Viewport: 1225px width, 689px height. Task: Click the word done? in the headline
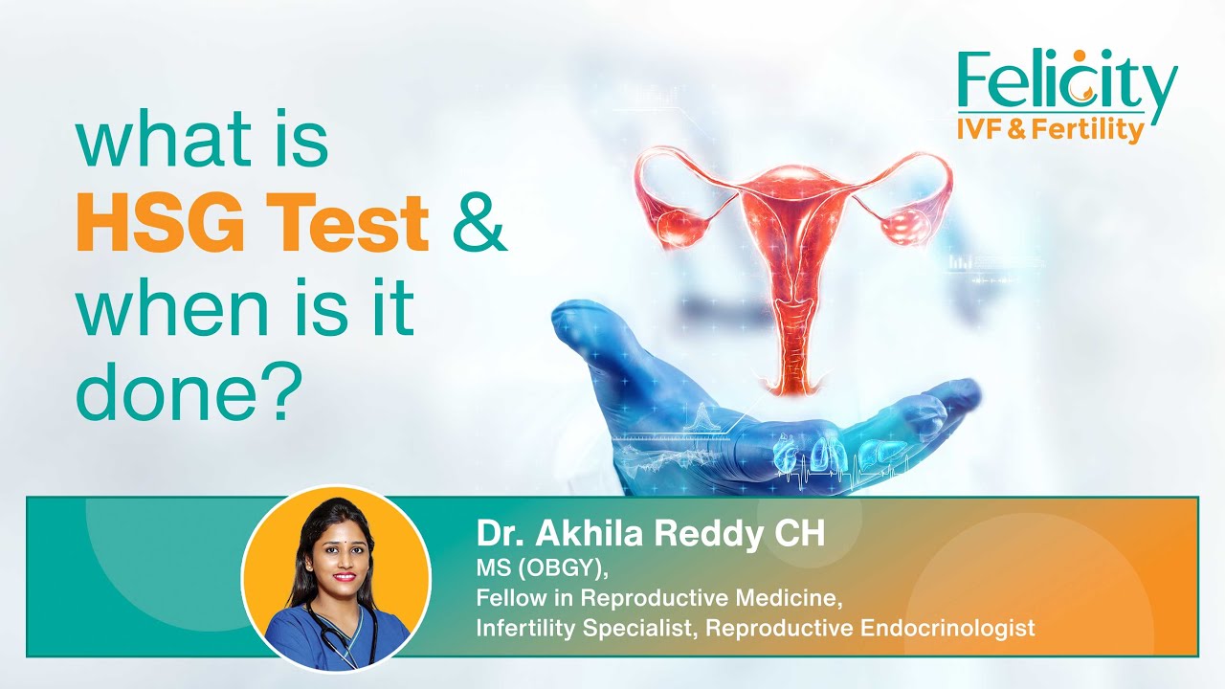pos(182,390)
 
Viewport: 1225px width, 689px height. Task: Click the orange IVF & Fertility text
pos(1050,129)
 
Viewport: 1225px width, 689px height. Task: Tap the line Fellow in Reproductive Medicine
pos(659,599)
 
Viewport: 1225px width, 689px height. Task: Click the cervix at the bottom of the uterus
pos(791,378)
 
